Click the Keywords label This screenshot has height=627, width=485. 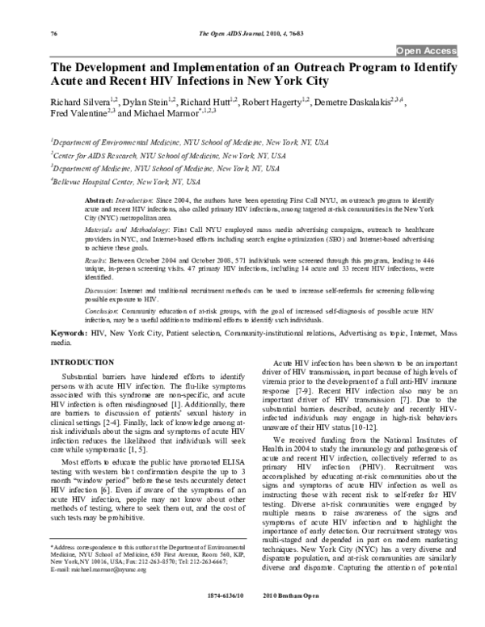pyautogui.click(x=49, y=332)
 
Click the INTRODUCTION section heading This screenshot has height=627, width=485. pyautogui.click(x=61, y=363)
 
